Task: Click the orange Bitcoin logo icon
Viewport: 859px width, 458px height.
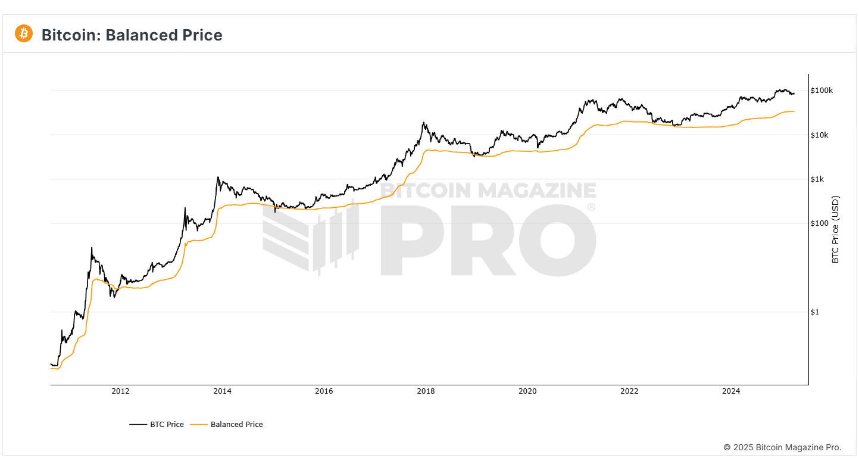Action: click(24, 34)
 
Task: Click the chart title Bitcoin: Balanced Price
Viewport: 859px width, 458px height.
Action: click(132, 35)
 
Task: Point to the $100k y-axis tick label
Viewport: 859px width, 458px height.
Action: click(821, 91)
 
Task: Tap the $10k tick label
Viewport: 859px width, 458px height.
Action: click(820, 135)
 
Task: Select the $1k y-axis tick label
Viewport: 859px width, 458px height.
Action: click(818, 179)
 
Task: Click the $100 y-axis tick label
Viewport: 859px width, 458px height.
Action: click(819, 223)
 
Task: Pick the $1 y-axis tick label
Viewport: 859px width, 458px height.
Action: click(814, 312)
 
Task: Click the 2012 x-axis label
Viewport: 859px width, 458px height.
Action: click(120, 391)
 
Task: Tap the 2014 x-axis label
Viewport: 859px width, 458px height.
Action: click(222, 391)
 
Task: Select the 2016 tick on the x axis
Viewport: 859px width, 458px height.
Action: click(324, 391)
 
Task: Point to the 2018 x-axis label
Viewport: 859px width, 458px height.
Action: click(426, 391)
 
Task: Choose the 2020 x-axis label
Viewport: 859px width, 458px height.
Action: click(527, 391)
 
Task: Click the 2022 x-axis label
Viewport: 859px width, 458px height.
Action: click(629, 391)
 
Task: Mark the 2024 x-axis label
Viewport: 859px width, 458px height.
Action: click(731, 391)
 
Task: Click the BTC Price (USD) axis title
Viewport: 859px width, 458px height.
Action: click(835, 229)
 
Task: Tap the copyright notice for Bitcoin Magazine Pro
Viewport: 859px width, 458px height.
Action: click(782, 447)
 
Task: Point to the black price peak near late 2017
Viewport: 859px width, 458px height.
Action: click(423, 123)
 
